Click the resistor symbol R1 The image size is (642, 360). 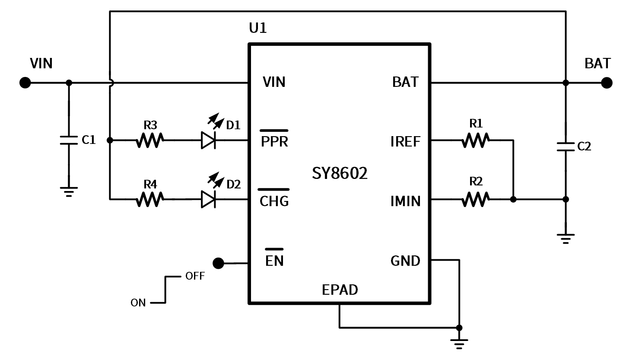click(475, 140)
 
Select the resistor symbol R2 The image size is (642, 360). click(475, 199)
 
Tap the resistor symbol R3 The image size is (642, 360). click(149, 140)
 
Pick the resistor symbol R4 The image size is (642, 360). click(149, 199)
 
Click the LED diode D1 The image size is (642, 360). click(208, 140)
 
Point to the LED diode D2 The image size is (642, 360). click(208, 199)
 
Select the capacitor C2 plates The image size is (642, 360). click(566, 146)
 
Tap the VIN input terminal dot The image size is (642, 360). click(25, 83)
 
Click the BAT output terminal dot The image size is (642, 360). click(607, 83)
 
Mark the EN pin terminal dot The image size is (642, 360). click(219, 263)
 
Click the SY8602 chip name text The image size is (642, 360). click(340, 173)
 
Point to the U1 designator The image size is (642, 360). click(258, 28)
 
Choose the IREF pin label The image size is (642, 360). click(405, 142)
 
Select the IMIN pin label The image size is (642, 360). click(405, 201)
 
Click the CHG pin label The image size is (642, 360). click(274, 201)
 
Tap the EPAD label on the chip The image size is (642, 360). click(340, 290)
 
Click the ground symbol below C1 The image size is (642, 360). click(69, 191)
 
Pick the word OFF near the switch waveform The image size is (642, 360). click(195, 276)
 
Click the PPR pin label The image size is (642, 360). click(274, 141)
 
